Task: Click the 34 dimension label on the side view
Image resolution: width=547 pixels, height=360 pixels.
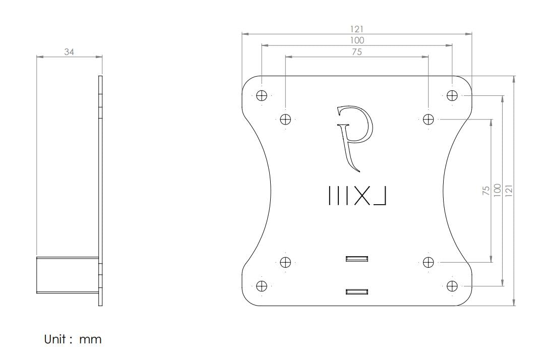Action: [x=69, y=51]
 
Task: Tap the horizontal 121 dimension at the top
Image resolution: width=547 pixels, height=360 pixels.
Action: [x=357, y=29]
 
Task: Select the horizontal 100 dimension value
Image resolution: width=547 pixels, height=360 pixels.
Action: [x=357, y=40]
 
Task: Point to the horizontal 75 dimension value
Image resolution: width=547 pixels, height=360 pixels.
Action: [x=357, y=51]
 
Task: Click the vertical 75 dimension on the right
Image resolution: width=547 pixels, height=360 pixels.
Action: [x=486, y=191]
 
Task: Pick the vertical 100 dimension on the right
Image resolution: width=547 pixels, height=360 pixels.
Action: [x=498, y=191]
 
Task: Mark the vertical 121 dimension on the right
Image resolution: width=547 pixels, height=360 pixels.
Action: [x=509, y=191]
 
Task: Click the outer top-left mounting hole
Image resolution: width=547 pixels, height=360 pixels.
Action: [x=261, y=95]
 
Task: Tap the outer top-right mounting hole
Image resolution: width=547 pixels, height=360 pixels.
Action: [x=452, y=95]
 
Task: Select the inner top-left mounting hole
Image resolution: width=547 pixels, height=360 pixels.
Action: [x=285, y=119]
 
